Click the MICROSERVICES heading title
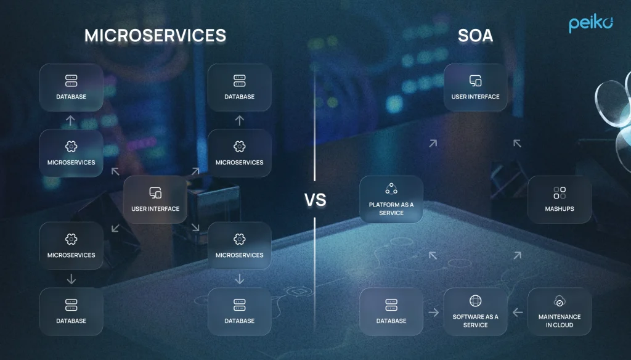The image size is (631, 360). click(x=155, y=35)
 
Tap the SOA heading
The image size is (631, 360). click(x=475, y=35)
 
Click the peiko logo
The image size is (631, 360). click(x=591, y=24)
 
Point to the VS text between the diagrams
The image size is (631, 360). click(x=315, y=200)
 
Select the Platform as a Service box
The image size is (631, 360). click(x=391, y=199)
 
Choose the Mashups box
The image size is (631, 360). click(x=560, y=199)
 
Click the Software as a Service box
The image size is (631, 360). click(x=475, y=312)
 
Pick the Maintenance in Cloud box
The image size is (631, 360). click(x=560, y=312)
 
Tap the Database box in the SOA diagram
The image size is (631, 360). click(x=391, y=312)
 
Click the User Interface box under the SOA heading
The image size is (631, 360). click(x=475, y=88)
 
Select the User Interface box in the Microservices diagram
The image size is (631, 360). click(x=155, y=199)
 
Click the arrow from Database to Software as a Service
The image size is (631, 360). click(x=433, y=312)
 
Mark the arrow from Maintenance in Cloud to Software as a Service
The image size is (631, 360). click(x=518, y=312)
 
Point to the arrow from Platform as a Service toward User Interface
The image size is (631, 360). click(x=433, y=144)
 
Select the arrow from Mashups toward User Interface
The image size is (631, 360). click(x=517, y=144)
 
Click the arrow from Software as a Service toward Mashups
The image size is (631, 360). click(x=518, y=255)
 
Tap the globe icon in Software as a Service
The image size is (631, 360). click(x=475, y=301)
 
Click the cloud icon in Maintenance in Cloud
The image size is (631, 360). click(x=560, y=301)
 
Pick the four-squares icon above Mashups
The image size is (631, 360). click(x=560, y=192)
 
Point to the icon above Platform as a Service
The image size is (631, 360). click(x=391, y=189)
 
